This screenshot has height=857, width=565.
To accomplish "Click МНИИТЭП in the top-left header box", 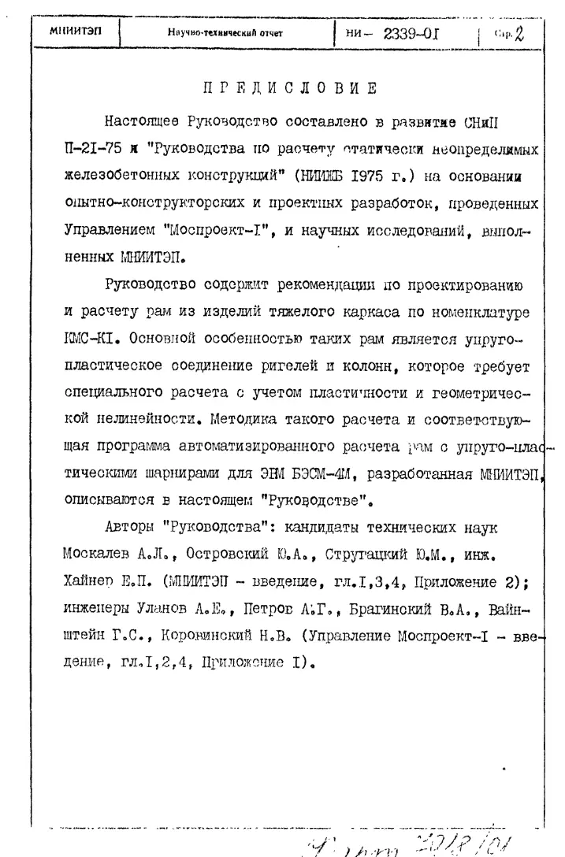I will (x=71, y=32).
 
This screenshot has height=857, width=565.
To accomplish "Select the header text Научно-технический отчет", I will (x=225, y=33).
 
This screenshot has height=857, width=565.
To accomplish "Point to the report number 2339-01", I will (x=416, y=32).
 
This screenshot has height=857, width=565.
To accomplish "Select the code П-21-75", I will (x=94, y=147).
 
